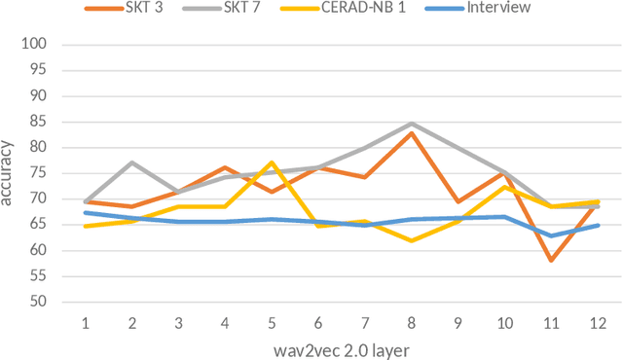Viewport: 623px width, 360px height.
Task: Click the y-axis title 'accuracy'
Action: (9, 173)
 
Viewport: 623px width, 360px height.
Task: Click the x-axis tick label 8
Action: (412, 321)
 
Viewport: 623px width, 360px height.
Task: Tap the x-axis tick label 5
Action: (273, 321)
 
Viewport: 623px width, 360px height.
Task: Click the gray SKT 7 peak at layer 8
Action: (412, 124)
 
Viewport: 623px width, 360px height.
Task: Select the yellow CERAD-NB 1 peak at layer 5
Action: (273, 162)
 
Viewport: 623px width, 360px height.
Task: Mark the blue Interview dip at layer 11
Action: (551, 235)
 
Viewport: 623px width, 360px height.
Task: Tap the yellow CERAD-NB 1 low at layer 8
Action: (412, 240)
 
